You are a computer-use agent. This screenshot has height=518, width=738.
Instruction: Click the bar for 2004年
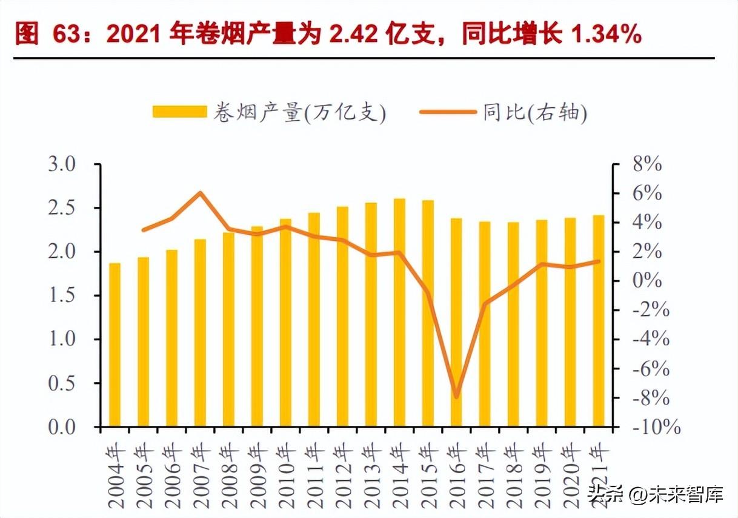tap(115, 345)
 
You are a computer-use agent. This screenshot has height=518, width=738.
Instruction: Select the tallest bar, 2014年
tap(400, 312)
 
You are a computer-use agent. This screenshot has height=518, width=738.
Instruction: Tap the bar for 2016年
tap(456, 322)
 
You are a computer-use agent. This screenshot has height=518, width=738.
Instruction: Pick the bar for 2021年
tap(599, 321)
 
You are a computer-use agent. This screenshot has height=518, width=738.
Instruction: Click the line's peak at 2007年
tap(200, 193)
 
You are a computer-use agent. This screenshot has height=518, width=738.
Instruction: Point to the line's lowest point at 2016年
tap(456, 397)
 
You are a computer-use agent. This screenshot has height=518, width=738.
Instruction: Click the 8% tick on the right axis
tap(646, 164)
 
